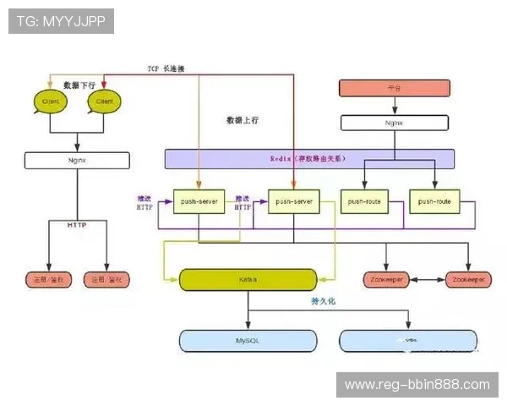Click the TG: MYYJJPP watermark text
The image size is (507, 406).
61,21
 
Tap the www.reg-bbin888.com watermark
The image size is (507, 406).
417,385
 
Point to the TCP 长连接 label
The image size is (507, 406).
166,69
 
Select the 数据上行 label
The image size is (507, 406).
243,120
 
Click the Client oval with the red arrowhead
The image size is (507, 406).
104,101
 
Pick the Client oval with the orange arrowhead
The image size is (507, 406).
50,101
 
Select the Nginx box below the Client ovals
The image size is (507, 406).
77,159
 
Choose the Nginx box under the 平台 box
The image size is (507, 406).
390,122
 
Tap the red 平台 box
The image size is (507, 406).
390,87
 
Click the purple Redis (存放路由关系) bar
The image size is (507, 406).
308,158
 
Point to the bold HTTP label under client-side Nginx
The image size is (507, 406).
77,224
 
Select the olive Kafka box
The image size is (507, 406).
248,279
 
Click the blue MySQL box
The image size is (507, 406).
248,340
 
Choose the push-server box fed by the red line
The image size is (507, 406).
293,201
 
